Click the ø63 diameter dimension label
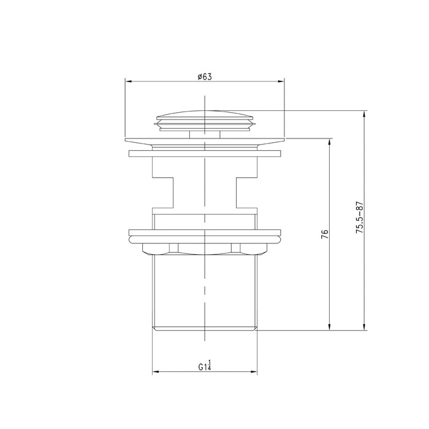[x=205, y=77]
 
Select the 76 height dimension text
[x=325, y=234]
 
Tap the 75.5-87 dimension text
[x=360, y=217]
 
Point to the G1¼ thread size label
[x=205, y=366]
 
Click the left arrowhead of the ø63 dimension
[x=128, y=82]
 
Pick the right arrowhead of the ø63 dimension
[x=281, y=82]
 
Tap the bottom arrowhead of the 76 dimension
[x=330, y=327]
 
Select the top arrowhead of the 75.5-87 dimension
[x=364, y=115]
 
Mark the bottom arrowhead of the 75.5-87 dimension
[x=364, y=327]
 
